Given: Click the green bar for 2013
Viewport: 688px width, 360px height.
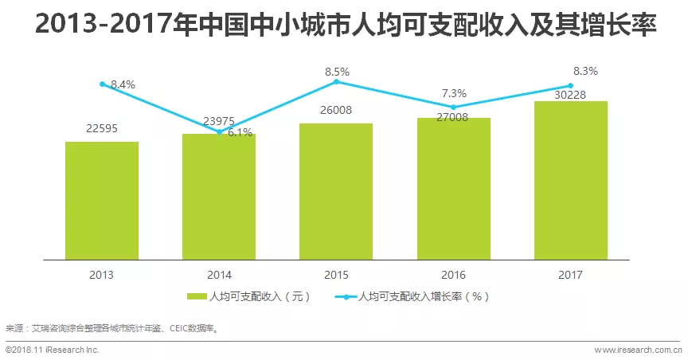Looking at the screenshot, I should [102, 201].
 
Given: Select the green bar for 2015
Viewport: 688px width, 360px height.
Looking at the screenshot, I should [336, 191].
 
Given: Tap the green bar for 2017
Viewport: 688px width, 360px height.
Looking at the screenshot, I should [570, 180].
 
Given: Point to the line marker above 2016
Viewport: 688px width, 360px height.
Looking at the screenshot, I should [453, 107].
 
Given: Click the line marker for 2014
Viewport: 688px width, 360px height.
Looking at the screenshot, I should [219, 131].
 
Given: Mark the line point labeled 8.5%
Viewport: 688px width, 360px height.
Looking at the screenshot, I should [336, 81].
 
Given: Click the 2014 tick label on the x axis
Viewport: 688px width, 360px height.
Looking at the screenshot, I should [219, 275].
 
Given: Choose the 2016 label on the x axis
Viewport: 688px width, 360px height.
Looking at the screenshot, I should [453, 275].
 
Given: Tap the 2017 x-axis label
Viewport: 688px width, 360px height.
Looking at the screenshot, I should [570, 275].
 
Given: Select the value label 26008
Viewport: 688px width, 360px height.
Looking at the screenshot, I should [336, 111].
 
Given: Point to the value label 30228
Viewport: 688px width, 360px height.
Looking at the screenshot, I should [570, 93].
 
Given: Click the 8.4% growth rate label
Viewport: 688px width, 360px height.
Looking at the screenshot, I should [123, 84].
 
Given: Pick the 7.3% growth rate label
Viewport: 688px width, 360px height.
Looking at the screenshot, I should [453, 93].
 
